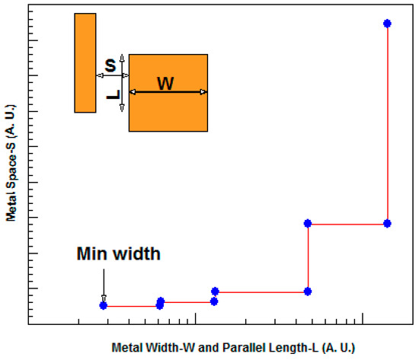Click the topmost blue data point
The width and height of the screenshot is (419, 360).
[x=387, y=24]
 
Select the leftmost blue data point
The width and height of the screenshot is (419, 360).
[x=103, y=306]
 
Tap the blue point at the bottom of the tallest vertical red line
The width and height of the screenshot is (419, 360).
[x=387, y=223]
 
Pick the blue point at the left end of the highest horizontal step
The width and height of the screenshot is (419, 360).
[x=308, y=223]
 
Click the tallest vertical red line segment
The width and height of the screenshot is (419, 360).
[x=387, y=122]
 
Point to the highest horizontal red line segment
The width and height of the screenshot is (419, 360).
[x=347, y=224]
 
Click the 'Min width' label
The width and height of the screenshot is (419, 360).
[x=118, y=254]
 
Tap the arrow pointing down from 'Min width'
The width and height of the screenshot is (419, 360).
[x=104, y=283]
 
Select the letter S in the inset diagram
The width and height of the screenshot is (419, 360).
[x=110, y=66]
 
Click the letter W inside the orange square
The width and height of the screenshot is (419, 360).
[x=165, y=83]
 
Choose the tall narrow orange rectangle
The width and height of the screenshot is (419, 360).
[x=85, y=62]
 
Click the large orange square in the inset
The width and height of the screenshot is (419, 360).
[x=168, y=114]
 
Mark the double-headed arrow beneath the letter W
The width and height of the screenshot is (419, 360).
[x=168, y=92]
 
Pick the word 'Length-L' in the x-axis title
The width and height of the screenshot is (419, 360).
[x=291, y=348]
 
